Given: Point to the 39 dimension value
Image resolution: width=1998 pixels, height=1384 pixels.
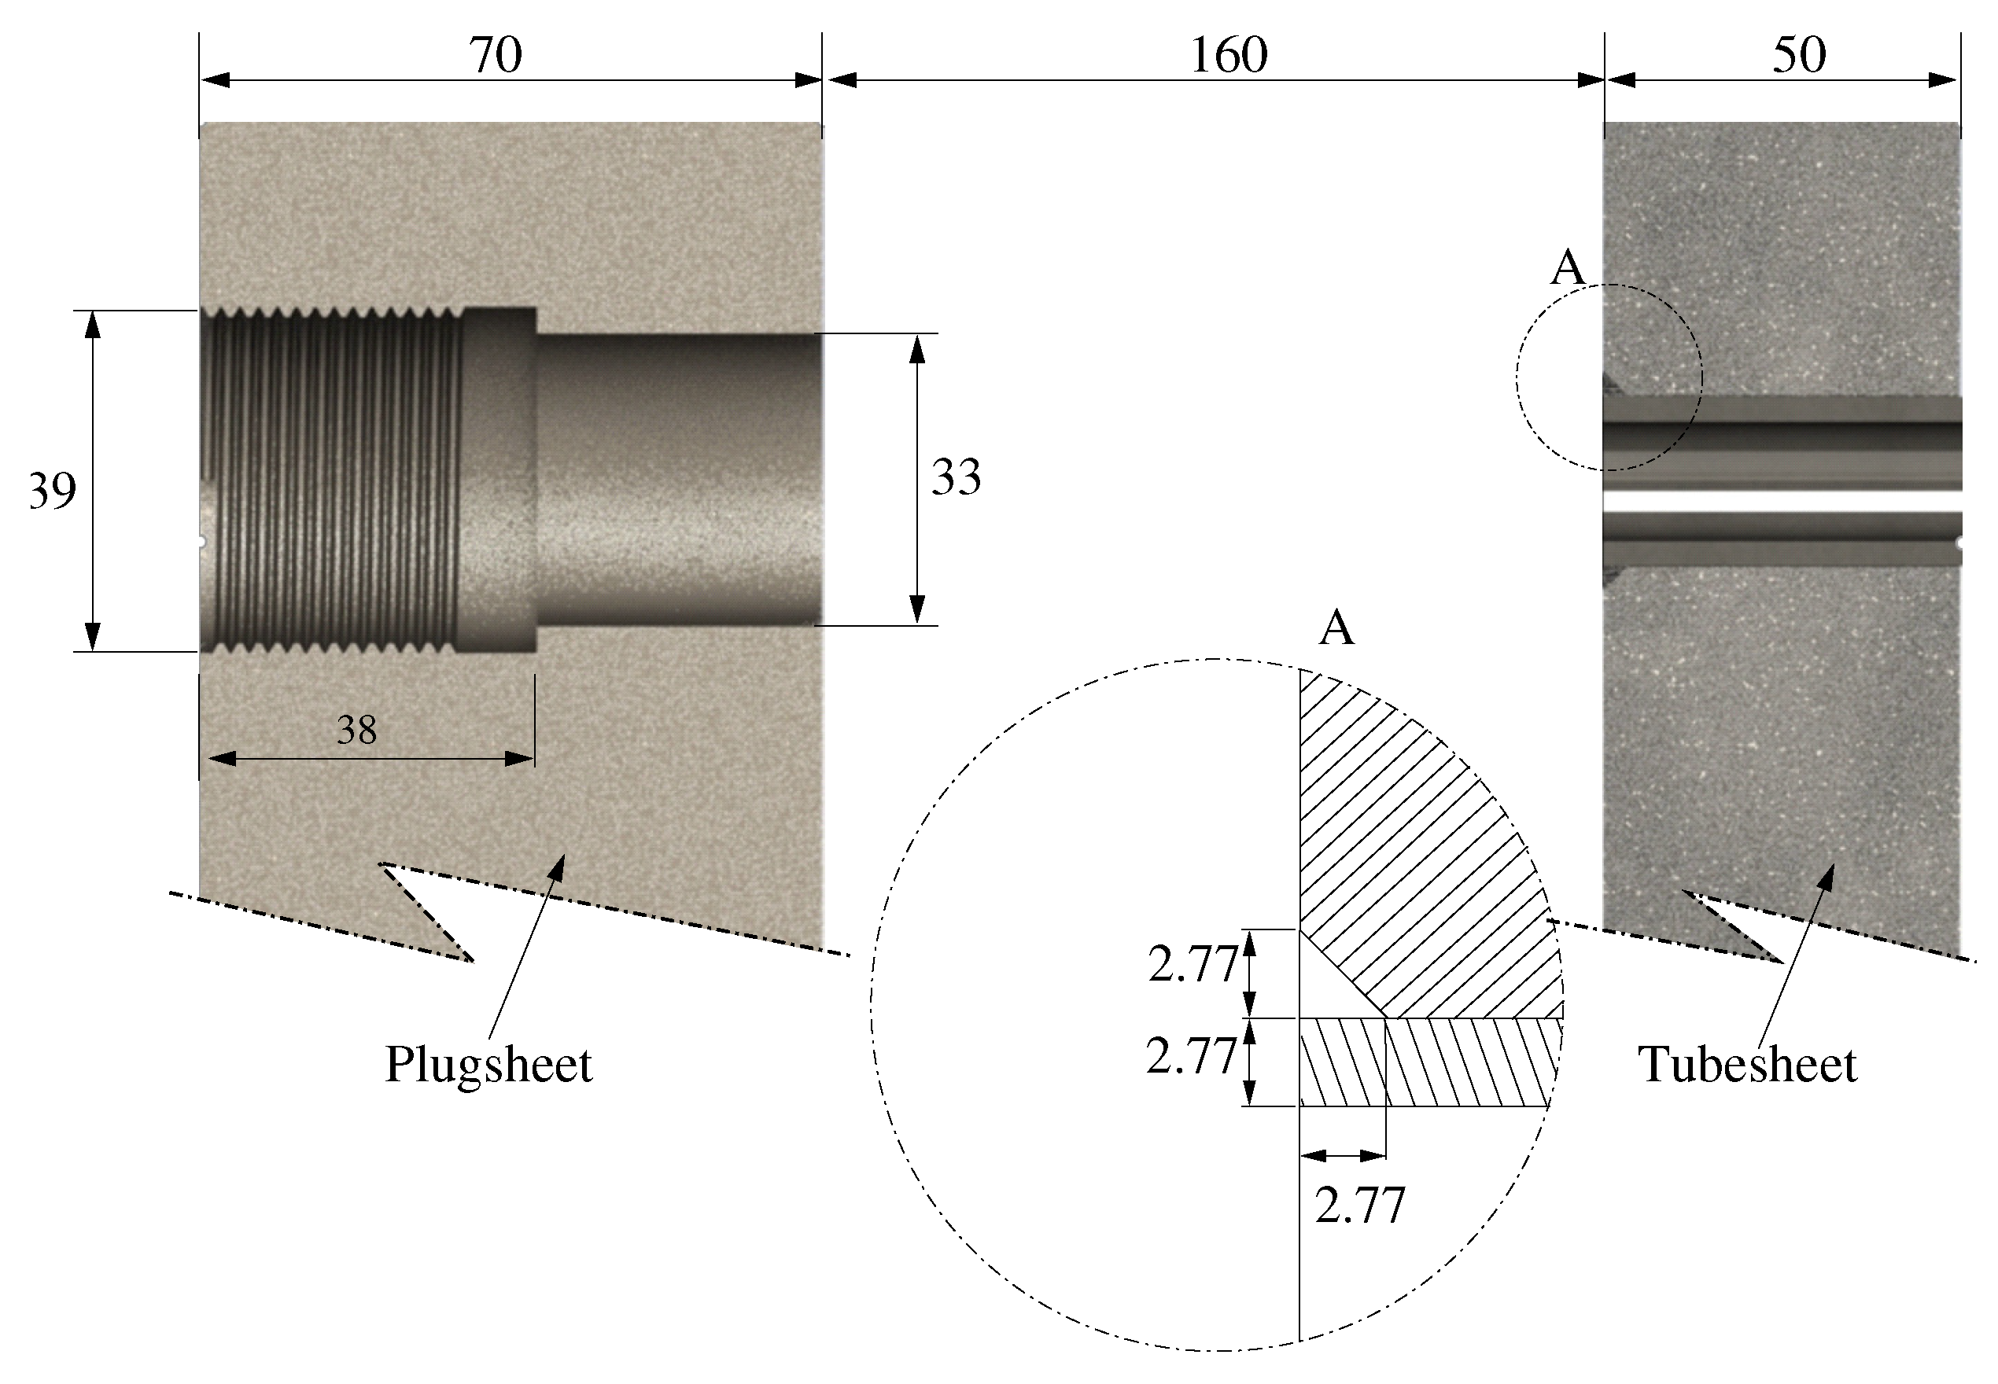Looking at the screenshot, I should pos(52,491).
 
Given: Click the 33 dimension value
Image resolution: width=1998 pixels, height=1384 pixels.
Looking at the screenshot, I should pos(956,477).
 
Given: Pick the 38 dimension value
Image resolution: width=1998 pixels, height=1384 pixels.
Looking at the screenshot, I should pos(356,731).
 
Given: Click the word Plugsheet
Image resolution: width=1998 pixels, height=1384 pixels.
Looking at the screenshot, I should pos(488,1064).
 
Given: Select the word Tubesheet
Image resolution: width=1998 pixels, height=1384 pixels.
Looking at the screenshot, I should pos(1746,1064).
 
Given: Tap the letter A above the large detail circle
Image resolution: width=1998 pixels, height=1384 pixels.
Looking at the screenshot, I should pos(1336,628).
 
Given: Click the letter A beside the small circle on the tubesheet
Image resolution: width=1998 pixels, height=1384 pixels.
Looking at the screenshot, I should pos(1567,268).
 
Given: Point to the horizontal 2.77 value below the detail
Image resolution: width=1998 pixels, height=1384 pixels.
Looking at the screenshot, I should pos(1360,1205).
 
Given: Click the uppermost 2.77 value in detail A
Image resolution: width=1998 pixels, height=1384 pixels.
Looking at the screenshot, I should pos(1193,964).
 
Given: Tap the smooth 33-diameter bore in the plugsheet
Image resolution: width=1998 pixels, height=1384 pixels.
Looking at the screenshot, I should pos(676,480).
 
